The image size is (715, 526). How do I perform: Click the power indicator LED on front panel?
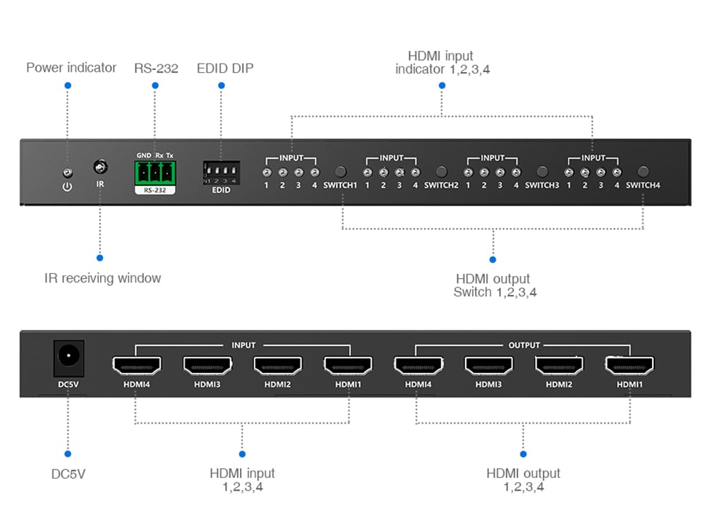(x=67, y=172)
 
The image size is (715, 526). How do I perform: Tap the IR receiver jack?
(x=101, y=167)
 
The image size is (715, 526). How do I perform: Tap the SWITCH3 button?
(x=542, y=172)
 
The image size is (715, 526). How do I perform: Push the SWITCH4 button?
(x=642, y=172)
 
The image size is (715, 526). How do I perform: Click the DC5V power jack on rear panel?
(x=68, y=357)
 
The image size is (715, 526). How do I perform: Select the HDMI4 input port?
(x=136, y=365)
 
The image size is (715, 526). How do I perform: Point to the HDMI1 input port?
(x=348, y=365)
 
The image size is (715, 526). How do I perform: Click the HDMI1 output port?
(x=629, y=365)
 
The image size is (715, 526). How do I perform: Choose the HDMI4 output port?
(x=418, y=365)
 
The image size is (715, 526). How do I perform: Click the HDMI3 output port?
(x=488, y=365)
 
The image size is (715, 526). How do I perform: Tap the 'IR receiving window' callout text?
(x=102, y=278)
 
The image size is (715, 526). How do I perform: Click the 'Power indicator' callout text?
(x=71, y=68)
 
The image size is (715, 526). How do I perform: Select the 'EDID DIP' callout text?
(x=224, y=68)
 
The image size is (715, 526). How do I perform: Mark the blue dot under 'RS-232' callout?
(x=155, y=85)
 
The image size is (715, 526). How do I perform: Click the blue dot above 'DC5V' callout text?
(x=68, y=454)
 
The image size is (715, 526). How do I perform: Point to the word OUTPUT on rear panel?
(x=524, y=345)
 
